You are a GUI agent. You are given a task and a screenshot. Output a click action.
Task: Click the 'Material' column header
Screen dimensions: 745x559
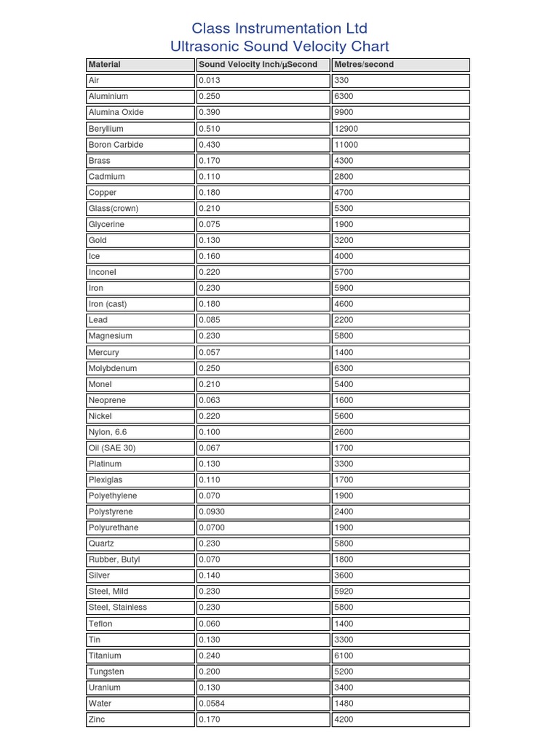105,65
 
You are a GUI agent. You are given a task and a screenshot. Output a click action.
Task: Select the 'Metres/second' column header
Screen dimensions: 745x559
363,65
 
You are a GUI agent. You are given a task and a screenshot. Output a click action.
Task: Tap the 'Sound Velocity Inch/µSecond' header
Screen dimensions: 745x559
258,65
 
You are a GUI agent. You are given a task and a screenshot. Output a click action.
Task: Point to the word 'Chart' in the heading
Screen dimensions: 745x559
368,47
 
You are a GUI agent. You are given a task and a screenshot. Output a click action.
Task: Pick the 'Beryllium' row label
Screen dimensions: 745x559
106,129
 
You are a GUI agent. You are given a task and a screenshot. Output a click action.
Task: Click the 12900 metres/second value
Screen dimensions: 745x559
346,129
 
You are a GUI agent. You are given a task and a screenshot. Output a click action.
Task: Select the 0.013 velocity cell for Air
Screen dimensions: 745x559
210,81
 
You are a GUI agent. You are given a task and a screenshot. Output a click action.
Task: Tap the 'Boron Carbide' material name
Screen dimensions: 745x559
116,145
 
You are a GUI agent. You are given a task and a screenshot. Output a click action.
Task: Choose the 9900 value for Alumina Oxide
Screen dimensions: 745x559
344,113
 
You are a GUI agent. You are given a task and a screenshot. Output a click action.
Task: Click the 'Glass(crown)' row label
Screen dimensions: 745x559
113,209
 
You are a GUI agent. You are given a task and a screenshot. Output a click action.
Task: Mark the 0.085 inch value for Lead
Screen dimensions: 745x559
210,320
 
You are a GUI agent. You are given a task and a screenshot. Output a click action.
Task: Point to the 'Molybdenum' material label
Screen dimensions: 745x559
112,368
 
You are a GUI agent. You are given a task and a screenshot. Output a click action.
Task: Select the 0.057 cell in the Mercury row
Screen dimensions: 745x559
210,352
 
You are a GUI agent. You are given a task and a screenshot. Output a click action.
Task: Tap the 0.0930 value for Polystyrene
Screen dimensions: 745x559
212,511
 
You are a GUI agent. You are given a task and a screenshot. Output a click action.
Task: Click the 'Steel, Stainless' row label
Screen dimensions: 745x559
117,607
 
